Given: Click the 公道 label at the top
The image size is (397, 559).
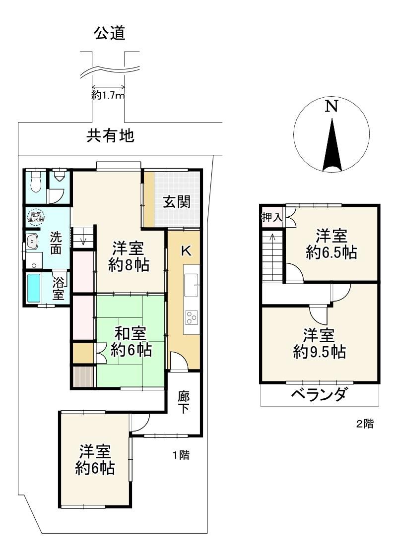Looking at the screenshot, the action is point(110,33).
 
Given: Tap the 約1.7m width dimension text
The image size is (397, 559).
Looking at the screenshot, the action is point(108,96).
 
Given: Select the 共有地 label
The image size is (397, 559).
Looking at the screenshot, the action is point(111,136).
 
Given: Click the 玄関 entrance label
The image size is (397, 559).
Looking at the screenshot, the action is point(177,202).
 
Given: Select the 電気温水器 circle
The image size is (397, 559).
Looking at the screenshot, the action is point(36,217).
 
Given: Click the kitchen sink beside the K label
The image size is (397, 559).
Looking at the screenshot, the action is point(191,285).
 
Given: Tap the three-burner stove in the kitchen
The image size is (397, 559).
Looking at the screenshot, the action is point(191,317).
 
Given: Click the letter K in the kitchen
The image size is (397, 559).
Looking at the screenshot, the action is point(186,250).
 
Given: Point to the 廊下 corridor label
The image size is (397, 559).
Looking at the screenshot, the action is point(183,402).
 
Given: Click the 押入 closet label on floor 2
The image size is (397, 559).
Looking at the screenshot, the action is point(272,217).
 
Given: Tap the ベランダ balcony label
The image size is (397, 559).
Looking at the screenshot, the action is point(319,395).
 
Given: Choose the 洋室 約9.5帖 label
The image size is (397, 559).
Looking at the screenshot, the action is point(319,344).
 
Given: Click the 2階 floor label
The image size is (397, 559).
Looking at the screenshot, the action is point(365,424).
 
